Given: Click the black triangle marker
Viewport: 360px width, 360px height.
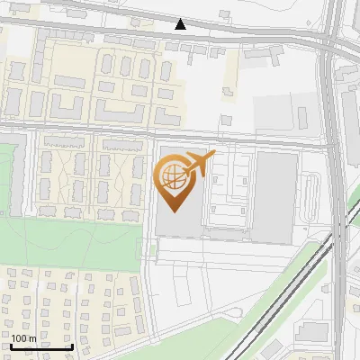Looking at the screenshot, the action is coord(181,24).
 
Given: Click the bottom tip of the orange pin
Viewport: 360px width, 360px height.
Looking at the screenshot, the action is coord(175,211).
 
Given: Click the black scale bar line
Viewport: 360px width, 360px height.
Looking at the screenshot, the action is coord(41,347).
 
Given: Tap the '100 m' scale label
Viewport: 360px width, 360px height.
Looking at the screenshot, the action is coord(24,339).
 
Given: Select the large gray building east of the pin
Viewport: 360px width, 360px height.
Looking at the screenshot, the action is coord(275,196).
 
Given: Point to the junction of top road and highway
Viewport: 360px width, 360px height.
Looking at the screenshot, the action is coord(329,40).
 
